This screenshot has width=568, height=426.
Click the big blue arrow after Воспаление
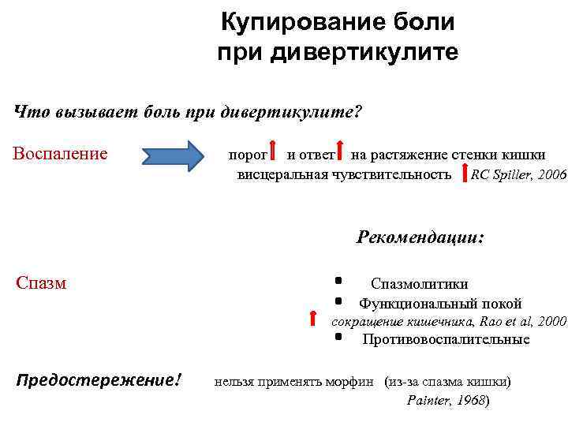(173, 153)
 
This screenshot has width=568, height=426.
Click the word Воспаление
(61, 152)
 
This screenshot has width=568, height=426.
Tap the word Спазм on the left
(41, 282)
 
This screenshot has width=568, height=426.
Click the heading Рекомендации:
(420, 237)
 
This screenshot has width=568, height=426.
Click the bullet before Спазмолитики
(338, 280)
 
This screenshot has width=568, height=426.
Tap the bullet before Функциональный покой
(338, 301)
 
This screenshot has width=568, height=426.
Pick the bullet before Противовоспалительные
(338, 337)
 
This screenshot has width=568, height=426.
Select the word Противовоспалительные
(446, 340)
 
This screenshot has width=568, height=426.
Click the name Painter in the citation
(428, 401)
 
